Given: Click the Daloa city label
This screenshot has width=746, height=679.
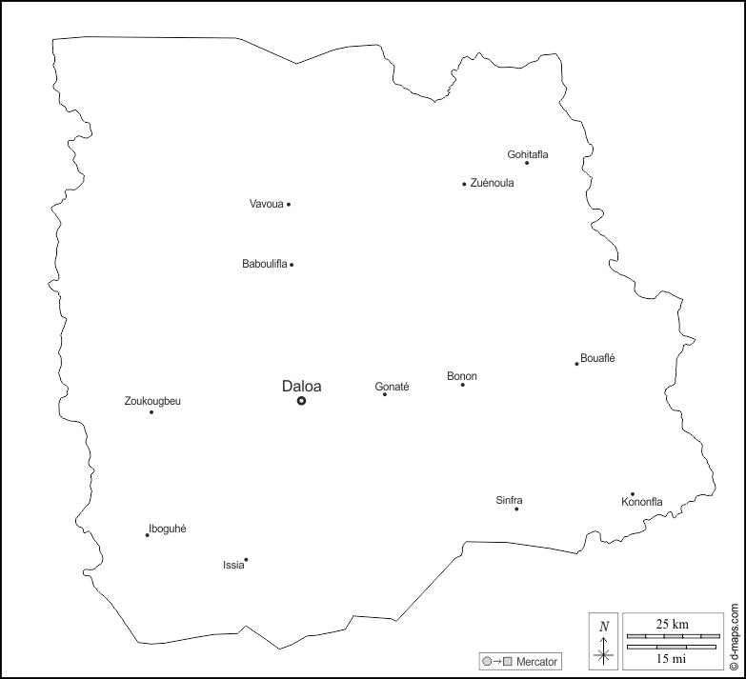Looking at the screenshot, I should (x=301, y=386).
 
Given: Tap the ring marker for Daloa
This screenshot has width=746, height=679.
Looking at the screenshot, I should (x=301, y=401).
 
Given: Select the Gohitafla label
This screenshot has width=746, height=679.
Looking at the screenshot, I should (x=528, y=153).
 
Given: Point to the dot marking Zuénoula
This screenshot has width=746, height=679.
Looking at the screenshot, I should (x=464, y=184).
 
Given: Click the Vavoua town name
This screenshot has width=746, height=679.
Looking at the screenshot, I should (x=267, y=204).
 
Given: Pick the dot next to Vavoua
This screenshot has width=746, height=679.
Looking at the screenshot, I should (x=289, y=204).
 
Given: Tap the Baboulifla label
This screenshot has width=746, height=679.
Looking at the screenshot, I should (x=265, y=264).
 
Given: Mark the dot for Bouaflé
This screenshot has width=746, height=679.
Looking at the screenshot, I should (x=576, y=363).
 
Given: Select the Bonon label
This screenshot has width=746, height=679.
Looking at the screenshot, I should (x=462, y=376).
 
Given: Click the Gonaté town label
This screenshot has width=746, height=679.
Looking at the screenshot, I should (x=392, y=387).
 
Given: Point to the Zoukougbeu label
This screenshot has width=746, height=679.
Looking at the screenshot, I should (x=152, y=401).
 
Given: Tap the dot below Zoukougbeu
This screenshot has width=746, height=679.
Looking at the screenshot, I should (x=151, y=411).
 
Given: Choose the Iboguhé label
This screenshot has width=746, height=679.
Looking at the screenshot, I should (x=168, y=529).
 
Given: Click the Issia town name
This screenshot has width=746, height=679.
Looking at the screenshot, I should (x=233, y=565).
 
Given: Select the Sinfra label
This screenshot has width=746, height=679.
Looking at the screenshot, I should (x=509, y=500).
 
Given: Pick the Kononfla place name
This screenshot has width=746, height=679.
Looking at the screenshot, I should (x=641, y=502).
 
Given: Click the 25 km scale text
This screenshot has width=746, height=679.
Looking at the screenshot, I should (x=672, y=623).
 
